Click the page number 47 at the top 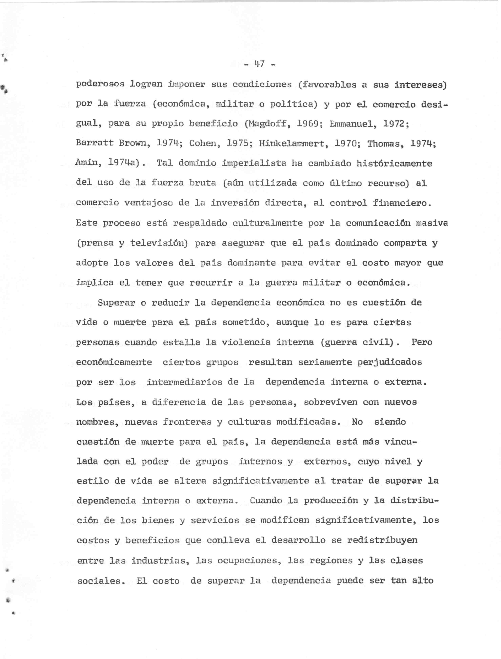pos(259,64)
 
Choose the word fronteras pos(187,422)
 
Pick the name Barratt pos(95,143)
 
